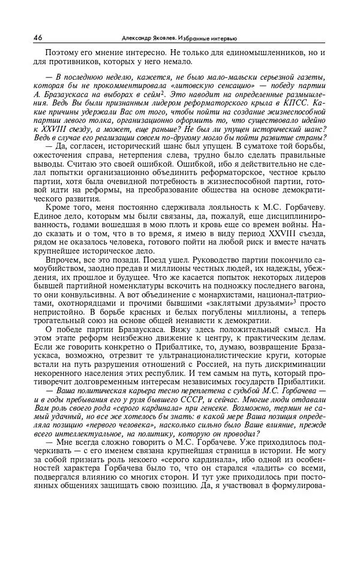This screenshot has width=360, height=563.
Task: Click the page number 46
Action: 37,37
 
